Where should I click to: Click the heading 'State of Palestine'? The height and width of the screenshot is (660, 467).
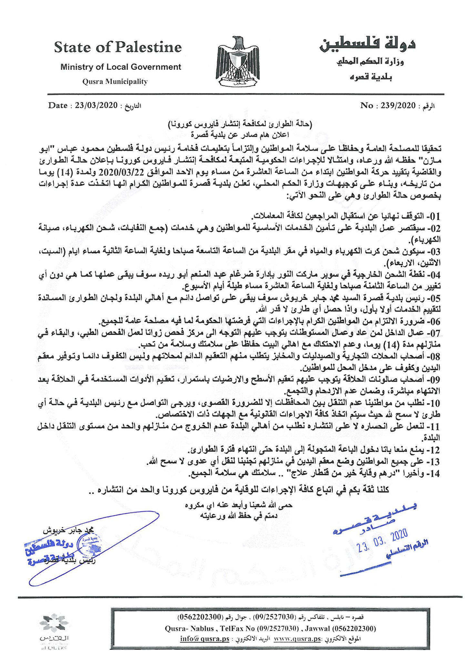click(x=118, y=47)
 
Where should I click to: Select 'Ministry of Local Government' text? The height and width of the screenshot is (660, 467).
click(x=121, y=67)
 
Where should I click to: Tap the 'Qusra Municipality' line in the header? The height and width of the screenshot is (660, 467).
click(x=115, y=82)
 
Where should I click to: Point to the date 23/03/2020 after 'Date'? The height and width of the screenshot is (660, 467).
click(x=96, y=105)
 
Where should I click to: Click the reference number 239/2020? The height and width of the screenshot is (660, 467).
click(x=398, y=105)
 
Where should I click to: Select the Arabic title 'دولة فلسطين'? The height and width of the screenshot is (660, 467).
click(x=367, y=44)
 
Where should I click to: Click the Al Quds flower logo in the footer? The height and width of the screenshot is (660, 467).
click(x=54, y=623)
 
